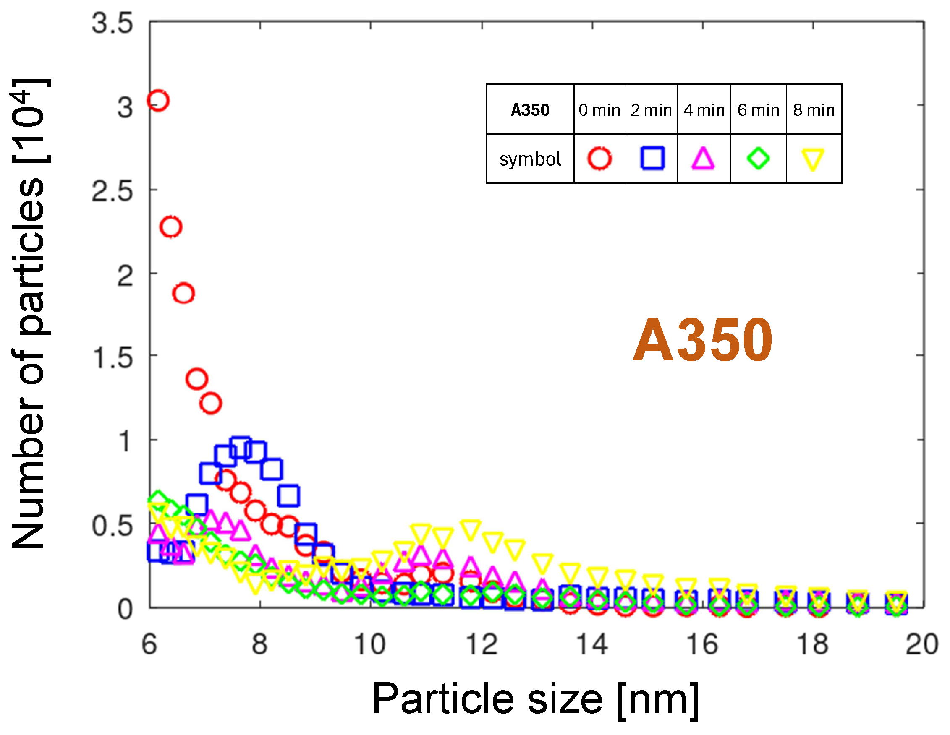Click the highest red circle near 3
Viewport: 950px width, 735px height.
click(x=158, y=101)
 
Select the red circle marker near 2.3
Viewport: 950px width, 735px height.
click(x=170, y=227)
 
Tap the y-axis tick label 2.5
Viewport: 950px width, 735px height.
click(x=112, y=191)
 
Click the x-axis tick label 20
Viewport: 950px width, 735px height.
click(x=921, y=644)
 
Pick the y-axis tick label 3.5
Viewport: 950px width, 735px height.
click(x=112, y=23)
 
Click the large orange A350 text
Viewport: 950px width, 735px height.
click(x=702, y=340)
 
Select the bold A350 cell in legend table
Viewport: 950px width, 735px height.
click(x=530, y=110)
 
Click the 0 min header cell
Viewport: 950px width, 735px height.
click(x=599, y=110)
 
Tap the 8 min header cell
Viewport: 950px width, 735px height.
click(x=814, y=110)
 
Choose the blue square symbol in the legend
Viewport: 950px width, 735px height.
click(x=652, y=158)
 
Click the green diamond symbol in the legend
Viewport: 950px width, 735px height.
click(x=758, y=158)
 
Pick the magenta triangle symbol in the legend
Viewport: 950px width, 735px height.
click(x=703, y=159)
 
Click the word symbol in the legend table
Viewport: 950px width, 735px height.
click(x=530, y=159)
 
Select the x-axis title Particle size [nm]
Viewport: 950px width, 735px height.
click(x=535, y=699)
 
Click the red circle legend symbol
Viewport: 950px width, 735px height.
click(x=599, y=158)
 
